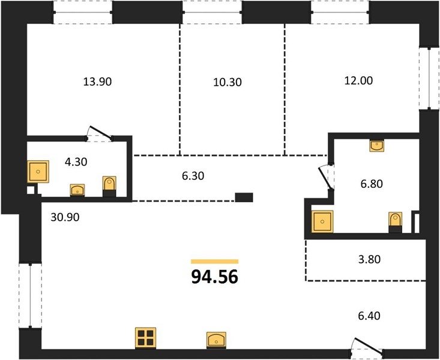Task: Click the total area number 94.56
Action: (x=215, y=277)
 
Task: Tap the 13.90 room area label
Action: (x=97, y=82)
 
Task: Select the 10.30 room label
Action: (x=228, y=82)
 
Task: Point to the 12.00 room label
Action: (x=358, y=80)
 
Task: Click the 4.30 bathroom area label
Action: (x=76, y=162)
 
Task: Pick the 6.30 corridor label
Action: (x=193, y=176)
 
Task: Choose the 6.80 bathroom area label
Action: (x=372, y=184)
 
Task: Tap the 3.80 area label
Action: (x=369, y=259)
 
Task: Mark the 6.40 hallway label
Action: (x=369, y=316)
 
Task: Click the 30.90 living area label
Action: (x=65, y=217)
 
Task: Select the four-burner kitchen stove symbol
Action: (x=145, y=338)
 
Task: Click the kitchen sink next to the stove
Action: (x=216, y=340)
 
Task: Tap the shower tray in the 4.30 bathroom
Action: (x=38, y=171)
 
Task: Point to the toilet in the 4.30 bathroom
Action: (x=109, y=186)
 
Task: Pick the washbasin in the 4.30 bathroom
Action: (x=77, y=190)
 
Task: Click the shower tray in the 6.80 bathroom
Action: (x=322, y=221)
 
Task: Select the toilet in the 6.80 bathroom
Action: (x=395, y=222)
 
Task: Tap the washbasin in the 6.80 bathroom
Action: (x=377, y=145)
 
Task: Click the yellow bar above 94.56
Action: (x=215, y=262)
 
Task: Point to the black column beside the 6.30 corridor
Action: (x=244, y=197)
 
